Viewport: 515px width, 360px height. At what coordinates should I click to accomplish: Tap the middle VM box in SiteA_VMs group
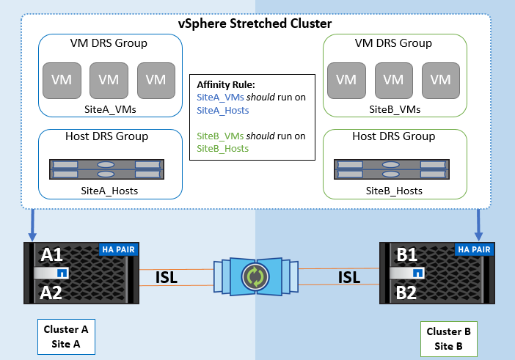[x=109, y=79]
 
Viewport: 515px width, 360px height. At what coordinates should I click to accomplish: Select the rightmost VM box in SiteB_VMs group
[x=440, y=79]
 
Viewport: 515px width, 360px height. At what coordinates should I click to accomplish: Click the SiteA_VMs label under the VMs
[x=109, y=109]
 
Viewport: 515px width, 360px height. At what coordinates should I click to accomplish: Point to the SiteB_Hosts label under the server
[x=395, y=191]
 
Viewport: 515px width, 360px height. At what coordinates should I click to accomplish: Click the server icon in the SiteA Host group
[x=108, y=169]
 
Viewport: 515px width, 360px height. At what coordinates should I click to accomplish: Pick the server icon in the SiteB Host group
[x=394, y=169]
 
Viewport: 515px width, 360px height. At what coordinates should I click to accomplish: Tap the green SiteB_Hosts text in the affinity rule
[x=223, y=149]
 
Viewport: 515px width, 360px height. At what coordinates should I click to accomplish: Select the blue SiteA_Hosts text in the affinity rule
[x=223, y=110]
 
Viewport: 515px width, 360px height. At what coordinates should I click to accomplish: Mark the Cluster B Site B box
[x=448, y=338]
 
